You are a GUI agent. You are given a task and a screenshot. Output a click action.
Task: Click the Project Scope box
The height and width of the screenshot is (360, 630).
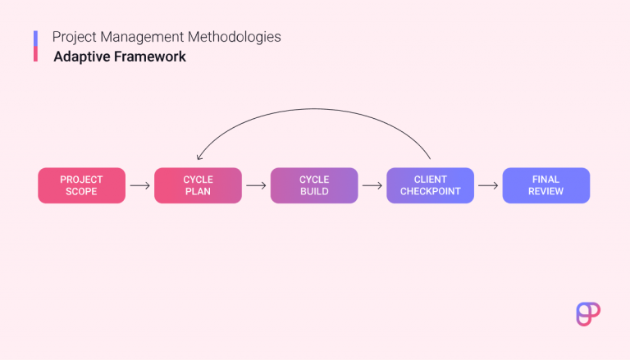(x=81, y=185)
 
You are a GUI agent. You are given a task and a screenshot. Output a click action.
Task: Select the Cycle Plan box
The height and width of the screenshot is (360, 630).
(x=198, y=185)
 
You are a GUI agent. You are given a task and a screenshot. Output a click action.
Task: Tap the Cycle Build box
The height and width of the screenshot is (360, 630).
(x=314, y=185)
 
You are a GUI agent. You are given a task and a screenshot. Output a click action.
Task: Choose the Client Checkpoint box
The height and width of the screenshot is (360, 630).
(x=430, y=185)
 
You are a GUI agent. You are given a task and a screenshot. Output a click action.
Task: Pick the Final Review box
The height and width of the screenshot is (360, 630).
(x=546, y=185)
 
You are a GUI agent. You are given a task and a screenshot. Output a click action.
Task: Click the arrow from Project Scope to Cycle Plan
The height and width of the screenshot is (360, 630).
(x=139, y=185)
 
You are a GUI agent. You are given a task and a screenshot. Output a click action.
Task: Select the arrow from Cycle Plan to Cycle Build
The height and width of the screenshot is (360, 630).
(x=256, y=185)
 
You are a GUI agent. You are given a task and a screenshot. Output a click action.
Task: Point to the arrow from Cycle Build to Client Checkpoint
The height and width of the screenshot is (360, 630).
(x=372, y=185)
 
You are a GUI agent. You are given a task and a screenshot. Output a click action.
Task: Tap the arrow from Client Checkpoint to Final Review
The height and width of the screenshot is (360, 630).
(x=488, y=185)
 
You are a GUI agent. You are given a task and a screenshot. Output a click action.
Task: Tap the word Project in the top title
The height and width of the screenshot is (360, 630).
(x=71, y=38)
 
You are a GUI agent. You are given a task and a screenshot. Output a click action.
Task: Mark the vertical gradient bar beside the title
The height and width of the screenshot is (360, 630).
(x=36, y=47)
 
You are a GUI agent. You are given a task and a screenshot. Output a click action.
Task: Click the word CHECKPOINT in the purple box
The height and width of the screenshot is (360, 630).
(x=430, y=192)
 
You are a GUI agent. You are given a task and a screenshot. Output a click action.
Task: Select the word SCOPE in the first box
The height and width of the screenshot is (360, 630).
(x=81, y=192)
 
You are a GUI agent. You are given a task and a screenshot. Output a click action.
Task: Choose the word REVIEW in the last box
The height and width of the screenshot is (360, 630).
(x=546, y=192)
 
